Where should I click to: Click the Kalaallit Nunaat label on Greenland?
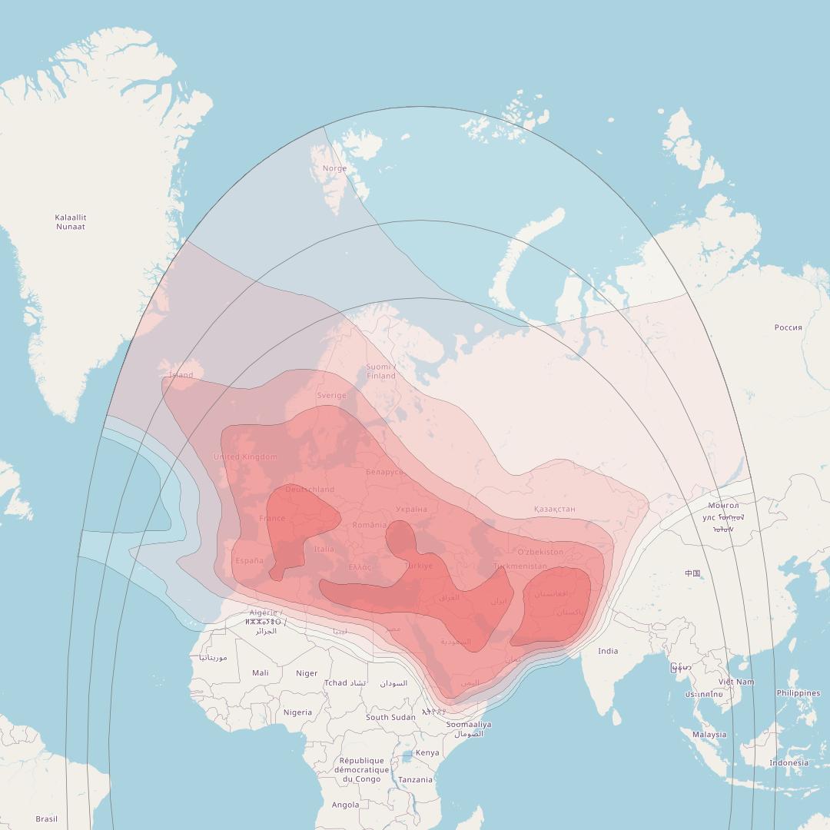(x=71, y=222)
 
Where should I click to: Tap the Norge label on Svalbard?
(x=334, y=168)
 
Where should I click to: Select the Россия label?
(x=788, y=327)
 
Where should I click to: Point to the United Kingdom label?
(x=245, y=456)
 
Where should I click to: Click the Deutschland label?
(x=310, y=489)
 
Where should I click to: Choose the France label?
(x=272, y=518)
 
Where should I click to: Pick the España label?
(x=249, y=560)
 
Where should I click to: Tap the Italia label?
(x=324, y=549)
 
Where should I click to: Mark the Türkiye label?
(x=419, y=566)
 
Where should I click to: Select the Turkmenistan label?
(x=520, y=566)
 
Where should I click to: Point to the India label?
(x=608, y=651)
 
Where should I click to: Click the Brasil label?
(x=46, y=818)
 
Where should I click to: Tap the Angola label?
(x=345, y=805)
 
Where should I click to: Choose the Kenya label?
(x=427, y=752)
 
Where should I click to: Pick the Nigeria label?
(x=297, y=712)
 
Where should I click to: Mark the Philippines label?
(x=798, y=693)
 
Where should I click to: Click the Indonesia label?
(x=788, y=762)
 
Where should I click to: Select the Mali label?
(x=261, y=673)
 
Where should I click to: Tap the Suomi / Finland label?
(x=380, y=371)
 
